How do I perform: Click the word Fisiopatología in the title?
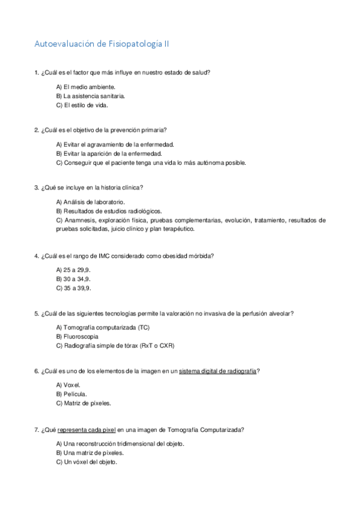pyautogui.click(x=136, y=44)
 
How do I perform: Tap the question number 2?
pyautogui.click(x=37, y=130)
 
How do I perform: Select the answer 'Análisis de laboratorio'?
pyautogui.click(x=90, y=202)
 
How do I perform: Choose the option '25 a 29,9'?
pyautogui.click(x=73, y=270)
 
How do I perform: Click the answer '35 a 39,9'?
pyautogui.click(x=73, y=288)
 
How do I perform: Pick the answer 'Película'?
pyautogui.click(x=71, y=394)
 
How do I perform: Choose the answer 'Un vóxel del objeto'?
pyautogui.click(x=87, y=462)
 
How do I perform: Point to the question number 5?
pyautogui.click(x=37, y=313)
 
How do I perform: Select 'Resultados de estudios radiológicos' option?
pyautogui.click(x=108, y=211)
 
